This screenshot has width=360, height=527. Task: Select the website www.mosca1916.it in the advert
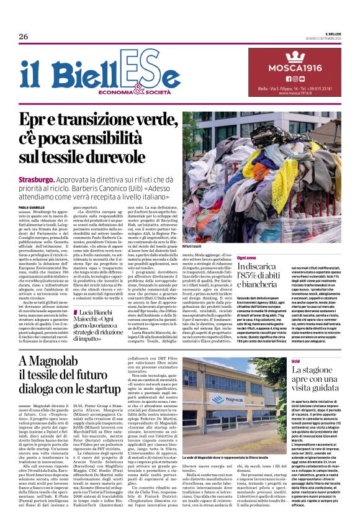click(278, 93)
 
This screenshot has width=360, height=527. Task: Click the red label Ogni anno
click(247, 256)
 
